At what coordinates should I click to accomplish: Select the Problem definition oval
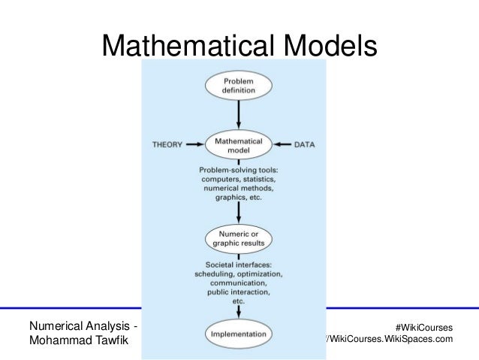239,84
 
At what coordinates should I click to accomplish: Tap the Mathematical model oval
238,145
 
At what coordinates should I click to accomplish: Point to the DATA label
304,144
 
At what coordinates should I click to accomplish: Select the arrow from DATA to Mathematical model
279,144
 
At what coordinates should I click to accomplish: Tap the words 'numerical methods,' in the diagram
238,191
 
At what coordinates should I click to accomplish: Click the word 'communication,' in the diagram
238,285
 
